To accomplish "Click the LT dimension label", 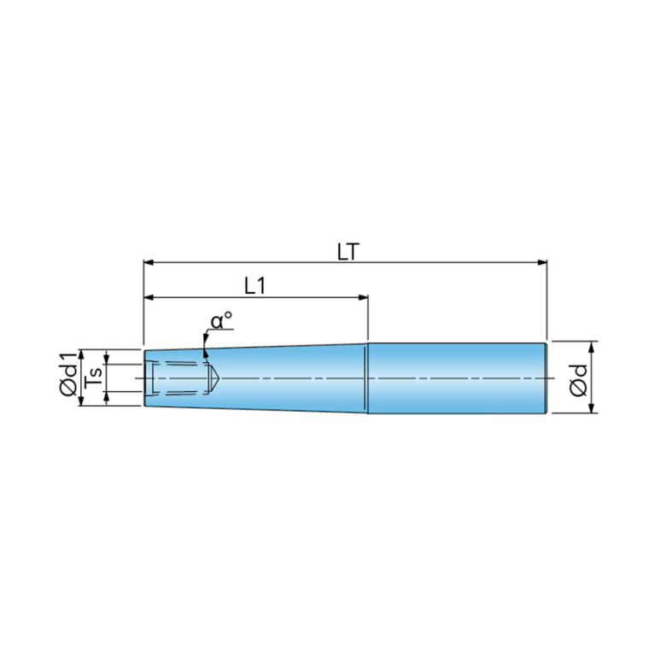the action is coord(348,252).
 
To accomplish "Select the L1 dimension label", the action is coord(254,287).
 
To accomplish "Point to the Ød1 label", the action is coord(68,374).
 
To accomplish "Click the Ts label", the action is coord(94,377).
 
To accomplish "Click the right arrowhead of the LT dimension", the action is coord(542,263).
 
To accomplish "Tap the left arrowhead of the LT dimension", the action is coord(149,263).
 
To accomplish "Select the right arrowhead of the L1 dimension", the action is coord(364,297).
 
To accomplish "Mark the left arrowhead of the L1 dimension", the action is coord(149,297).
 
